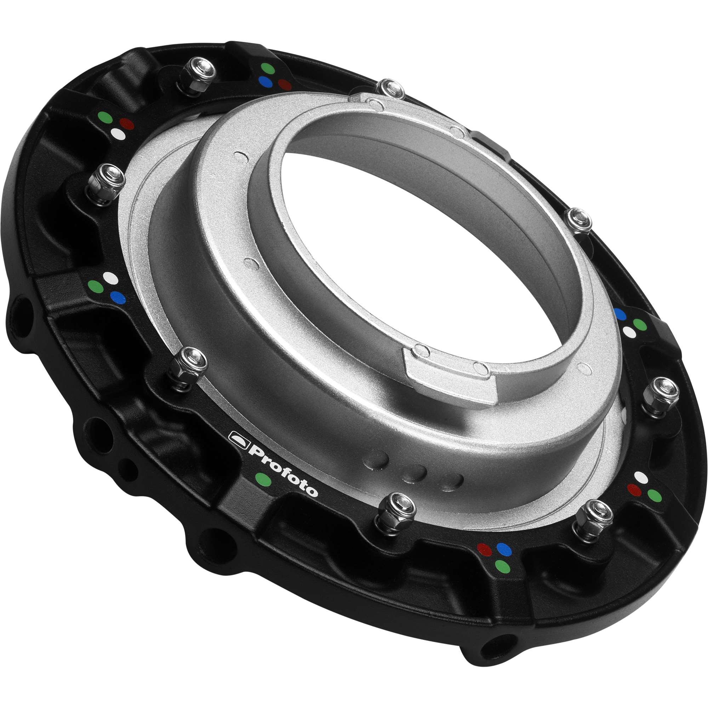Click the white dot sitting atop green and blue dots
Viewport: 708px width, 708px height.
pyautogui.click(x=110, y=277)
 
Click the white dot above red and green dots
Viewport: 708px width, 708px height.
pyautogui.click(x=641, y=476)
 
